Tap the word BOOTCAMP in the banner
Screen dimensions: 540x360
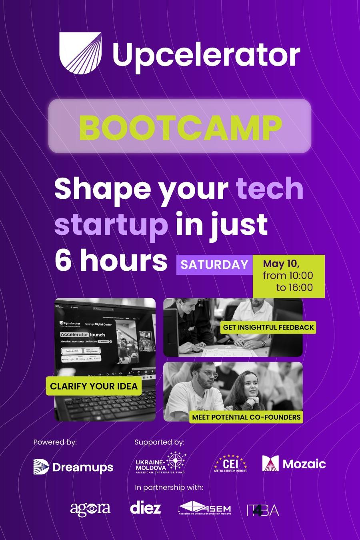[x=180, y=126]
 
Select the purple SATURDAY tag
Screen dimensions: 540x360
[x=214, y=265]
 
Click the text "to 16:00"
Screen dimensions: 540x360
[x=294, y=287]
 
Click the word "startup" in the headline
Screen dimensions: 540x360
[x=111, y=225]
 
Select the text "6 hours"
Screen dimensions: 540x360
[x=111, y=260]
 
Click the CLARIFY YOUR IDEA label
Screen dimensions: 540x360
[x=94, y=386]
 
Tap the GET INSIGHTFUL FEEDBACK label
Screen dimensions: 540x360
[x=268, y=327]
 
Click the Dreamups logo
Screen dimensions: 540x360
[x=73, y=467]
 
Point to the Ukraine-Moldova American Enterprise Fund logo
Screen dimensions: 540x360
[x=160, y=464]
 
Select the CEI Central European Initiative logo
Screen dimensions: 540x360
[x=231, y=464]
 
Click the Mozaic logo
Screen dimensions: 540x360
[x=294, y=464]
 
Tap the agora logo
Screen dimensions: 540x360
[x=90, y=508]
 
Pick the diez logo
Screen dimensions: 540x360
[x=146, y=508]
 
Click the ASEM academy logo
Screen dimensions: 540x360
[x=205, y=508]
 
